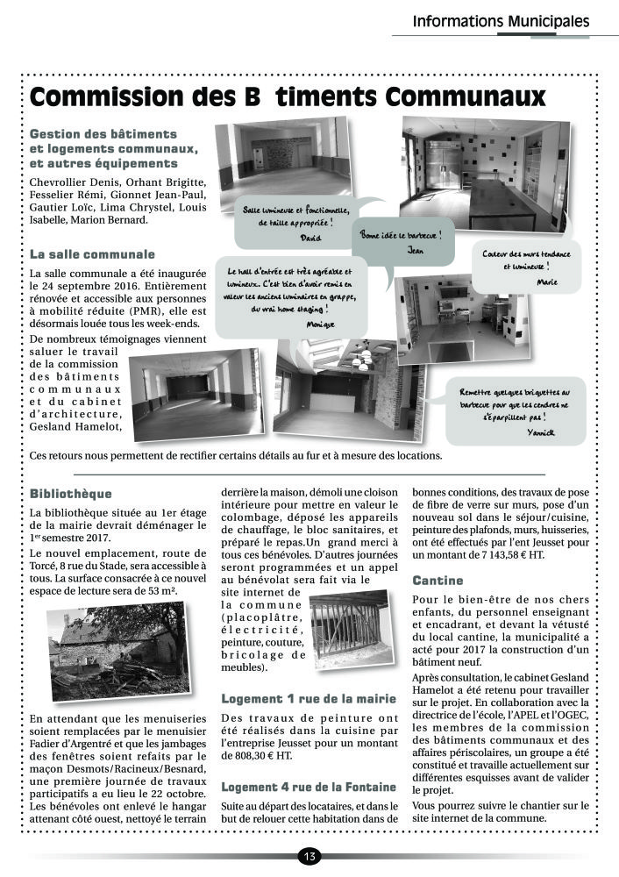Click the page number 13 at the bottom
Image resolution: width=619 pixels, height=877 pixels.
click(x=309, y=856)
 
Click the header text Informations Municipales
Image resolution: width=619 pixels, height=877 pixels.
click(x=501, y=22)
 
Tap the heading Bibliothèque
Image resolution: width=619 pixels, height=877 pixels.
click(x=71, y=494)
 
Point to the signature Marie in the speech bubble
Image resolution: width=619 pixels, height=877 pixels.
click(x=546, y=282)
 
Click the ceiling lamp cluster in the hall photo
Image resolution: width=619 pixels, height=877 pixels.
click(x=360, y=360)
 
